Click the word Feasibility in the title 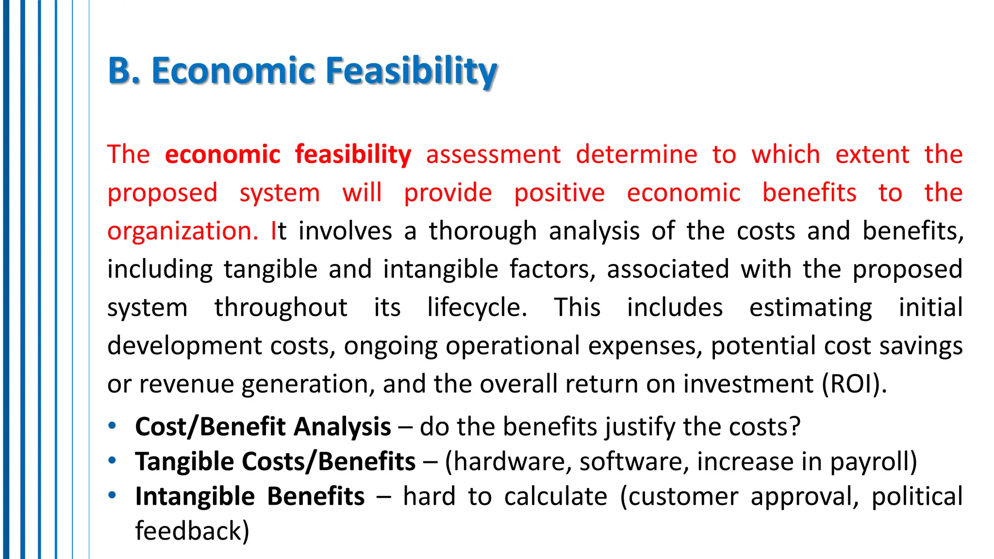coord(412,71)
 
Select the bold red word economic coord(223,155)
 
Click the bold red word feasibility coord(353,155)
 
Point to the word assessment coord(493,155)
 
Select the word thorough coord(482,231)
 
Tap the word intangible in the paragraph coord(441,269)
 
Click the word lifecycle coord(477,308)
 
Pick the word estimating coord(810,308)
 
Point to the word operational coord(513,346)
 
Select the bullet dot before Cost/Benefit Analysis coord(112,426)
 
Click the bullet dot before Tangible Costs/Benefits coord(112,460)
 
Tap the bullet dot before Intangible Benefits coord(112,495)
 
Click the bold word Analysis coord(342,427)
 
